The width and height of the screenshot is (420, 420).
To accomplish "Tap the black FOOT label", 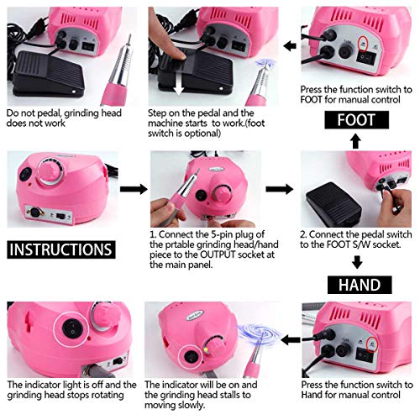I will (x=357, y=119).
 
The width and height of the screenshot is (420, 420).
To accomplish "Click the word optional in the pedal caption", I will (x=223, y=133).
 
